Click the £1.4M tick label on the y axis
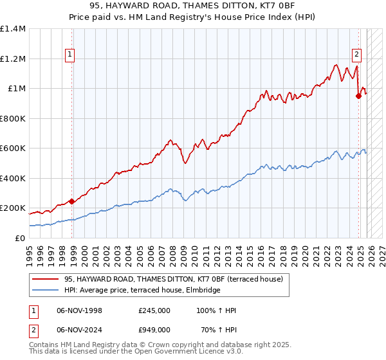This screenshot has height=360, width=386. click(x=13, y=29)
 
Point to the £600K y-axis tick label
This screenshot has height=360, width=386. click(x=13, y=148)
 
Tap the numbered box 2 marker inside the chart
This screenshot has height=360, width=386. click(x=356, y=55)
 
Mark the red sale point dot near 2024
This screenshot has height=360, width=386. click(x=358, y=96)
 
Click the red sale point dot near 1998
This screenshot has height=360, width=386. click(x=71, y=201)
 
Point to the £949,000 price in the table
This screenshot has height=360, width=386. click(x=154, y=328)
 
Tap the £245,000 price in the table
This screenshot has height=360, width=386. click(x=154, y=310)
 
